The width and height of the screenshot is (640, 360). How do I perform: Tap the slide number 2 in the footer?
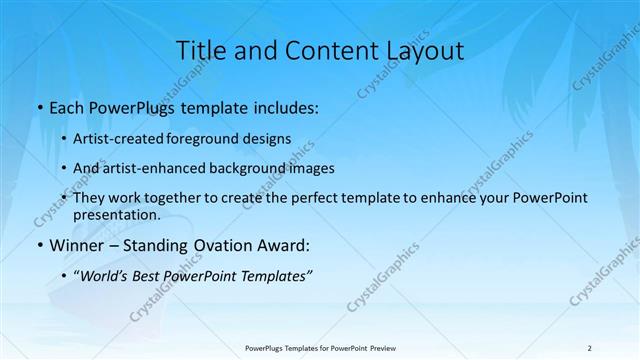pos(590,347)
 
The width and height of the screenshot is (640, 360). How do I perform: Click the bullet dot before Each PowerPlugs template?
pos(39,106)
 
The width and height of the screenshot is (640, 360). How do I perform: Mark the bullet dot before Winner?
pos(39,245)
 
